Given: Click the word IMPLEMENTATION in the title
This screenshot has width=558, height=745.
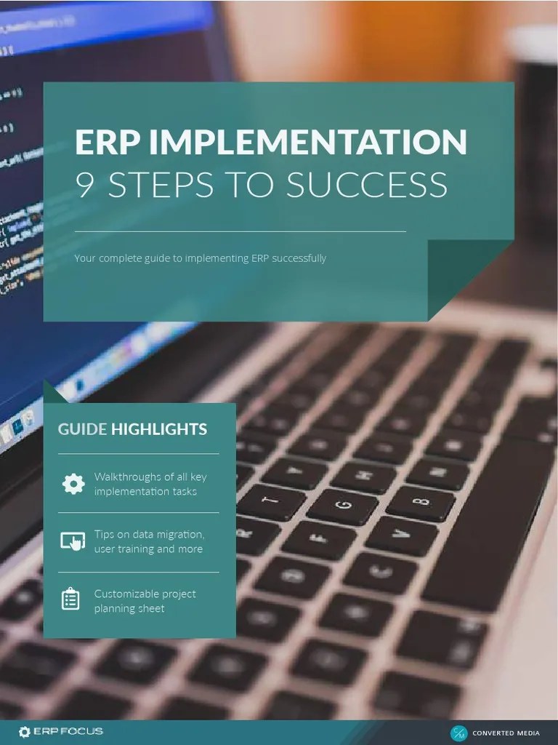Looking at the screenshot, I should [313, 142].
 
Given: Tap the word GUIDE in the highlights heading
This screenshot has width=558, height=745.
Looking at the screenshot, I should [82, 429].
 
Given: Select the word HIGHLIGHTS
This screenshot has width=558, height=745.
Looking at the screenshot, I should [158, 429].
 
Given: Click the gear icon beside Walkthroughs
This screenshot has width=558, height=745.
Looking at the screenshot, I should [73, 484].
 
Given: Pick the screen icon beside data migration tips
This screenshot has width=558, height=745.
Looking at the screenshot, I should [73, 541].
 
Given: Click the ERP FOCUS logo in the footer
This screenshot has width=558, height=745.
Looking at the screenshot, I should [61, 731].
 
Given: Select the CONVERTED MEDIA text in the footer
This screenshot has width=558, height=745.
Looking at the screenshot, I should [506, 733].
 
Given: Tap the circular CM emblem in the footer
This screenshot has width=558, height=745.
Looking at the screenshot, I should [459, 733].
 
